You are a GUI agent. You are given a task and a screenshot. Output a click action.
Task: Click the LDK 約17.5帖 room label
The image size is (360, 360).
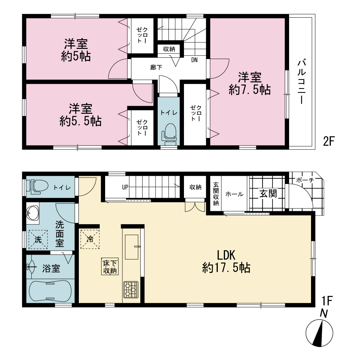point(226,261)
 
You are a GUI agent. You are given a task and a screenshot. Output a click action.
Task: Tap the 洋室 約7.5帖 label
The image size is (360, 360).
point(249,84)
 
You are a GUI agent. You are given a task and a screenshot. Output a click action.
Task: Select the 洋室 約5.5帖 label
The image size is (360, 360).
point(81,115)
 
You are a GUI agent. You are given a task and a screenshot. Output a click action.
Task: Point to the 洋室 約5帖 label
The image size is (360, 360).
point(76,50)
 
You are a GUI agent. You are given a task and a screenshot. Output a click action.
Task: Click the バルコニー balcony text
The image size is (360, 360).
point(302,82)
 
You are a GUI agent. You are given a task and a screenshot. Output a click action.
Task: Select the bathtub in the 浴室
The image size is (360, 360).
point(50,291)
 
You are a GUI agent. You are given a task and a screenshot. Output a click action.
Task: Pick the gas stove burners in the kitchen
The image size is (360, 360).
point(131,289)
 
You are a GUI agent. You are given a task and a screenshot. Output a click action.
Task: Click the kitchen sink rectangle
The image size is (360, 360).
point(131,247)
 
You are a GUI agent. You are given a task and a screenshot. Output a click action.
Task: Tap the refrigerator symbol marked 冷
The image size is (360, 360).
point(90,239)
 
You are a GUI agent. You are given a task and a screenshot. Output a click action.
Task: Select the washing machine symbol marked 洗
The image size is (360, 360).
point(38,240)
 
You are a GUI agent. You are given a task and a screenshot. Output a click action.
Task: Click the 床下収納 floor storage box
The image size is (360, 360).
point(110,266)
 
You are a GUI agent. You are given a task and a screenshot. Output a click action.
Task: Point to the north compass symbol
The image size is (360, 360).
point(319,332)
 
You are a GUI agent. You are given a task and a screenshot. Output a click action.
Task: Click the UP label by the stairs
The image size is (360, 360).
point(125,187)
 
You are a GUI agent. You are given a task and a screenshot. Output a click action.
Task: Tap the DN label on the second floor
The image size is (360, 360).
point(194,60)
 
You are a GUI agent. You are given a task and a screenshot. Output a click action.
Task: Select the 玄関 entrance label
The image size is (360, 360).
point(268,194)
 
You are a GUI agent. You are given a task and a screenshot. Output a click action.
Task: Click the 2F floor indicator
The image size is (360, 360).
point(328,141)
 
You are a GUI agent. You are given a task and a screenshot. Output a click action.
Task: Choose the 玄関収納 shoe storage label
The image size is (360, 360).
point(216,194)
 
